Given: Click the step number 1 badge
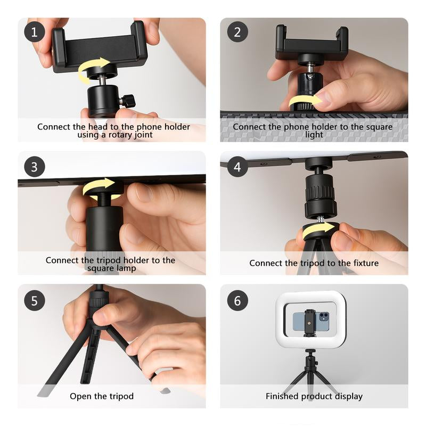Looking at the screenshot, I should (x=35, y=32).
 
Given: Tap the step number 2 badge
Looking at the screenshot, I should (x=237, y=32).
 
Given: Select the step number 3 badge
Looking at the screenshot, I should (x=35, y=167).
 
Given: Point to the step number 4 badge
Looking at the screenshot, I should (x=237, y=167).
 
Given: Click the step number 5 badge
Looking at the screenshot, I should (x=35, y=300).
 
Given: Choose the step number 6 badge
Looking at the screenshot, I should (x=237, y=300).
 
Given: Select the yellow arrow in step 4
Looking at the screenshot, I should (x=319, y=230).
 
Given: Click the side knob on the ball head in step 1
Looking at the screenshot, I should (x=128, y=100).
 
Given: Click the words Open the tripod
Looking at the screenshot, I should (x=102, y=396).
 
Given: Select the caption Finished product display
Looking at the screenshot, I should (x=314, y=396).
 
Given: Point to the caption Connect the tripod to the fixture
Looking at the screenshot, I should (x=314, y=263).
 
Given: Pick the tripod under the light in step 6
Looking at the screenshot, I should (x=310, y=373).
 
